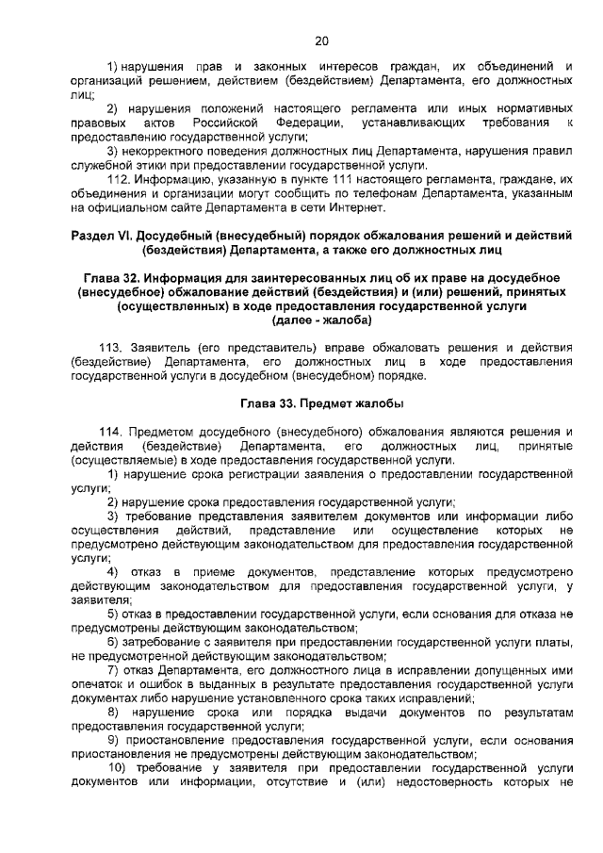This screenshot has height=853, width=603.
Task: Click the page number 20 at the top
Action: tap(321, 41)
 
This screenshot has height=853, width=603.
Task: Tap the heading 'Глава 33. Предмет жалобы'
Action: tap(321, 403)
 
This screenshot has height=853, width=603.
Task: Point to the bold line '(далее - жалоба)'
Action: tap(321, 320)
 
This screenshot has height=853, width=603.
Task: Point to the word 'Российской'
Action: tap(224, 123)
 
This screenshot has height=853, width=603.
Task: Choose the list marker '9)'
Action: tap(113, 740)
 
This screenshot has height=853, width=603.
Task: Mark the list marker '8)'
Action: tap(113, 713)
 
